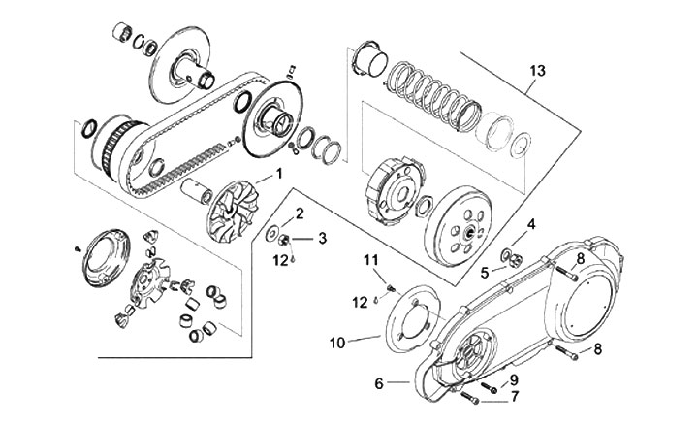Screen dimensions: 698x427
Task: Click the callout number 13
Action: tap(537, 71)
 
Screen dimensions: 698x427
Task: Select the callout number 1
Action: tap(279, 173)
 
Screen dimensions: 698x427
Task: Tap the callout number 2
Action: tap(300, 213)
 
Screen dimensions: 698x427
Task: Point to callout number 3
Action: tap(322, 238)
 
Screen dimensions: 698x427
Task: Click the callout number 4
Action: tap(531, 224)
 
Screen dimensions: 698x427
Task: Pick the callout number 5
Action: tap(485, 273)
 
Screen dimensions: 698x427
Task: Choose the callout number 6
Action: tap(379, 383)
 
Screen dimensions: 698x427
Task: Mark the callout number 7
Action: tap(515, 397)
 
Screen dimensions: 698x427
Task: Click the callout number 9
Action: tap(514, 380)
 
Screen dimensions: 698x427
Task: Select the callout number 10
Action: tap(337, 344)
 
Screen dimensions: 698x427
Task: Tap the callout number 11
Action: tap(371, 259)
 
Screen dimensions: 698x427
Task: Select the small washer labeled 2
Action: tap(271, 234)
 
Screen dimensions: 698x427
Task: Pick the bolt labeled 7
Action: tap(469, 398)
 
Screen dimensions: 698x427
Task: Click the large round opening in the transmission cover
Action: tap(587, 307)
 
